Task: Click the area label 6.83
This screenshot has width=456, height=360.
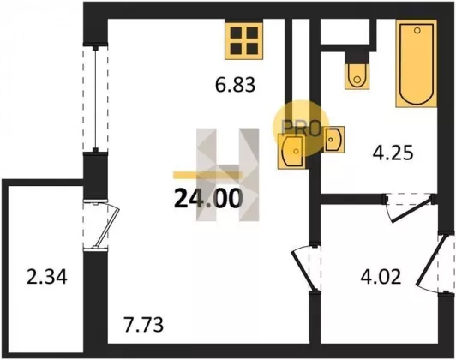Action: (235, 85)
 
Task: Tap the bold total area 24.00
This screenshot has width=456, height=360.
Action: (208, 199)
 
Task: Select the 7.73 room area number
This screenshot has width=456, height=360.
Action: (143, 325)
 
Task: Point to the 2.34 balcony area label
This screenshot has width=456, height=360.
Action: (47, 277)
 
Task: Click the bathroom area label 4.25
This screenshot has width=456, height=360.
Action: (393, 153)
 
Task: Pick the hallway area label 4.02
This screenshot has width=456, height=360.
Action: (381, 277)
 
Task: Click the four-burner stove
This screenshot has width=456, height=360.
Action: (244, 40)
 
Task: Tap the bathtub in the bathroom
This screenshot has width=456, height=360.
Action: (417, 63)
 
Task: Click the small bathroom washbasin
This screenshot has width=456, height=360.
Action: (334, 140)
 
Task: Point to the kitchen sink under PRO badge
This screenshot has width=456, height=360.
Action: (292, 151)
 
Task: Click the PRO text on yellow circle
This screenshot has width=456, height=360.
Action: (301, 129)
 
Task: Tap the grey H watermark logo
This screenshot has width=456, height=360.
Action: (227, 175)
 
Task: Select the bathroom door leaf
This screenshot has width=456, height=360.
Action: (411, 210)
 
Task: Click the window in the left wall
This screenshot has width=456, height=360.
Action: (95, 99)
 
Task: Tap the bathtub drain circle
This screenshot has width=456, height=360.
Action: (417, 30)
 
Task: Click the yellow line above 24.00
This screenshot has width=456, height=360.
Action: (208, 175)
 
